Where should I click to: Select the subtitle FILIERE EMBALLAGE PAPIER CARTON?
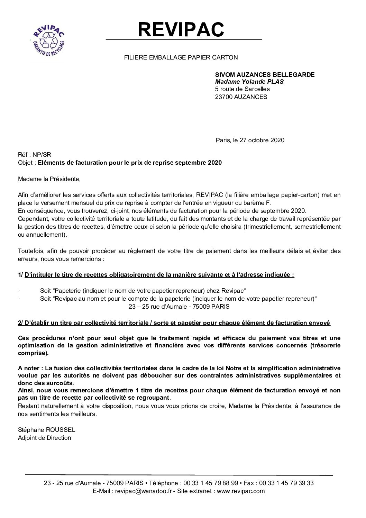point(181,57)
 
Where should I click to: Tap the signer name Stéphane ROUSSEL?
point(46,430)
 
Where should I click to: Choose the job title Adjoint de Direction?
point(44,438)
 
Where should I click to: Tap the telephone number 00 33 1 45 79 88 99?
point(210,483)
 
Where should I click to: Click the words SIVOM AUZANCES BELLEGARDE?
point(265,74)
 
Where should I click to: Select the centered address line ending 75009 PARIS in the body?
point(179,306)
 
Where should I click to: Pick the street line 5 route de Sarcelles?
point(242,89)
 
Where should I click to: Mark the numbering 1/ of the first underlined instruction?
point(20,275)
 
